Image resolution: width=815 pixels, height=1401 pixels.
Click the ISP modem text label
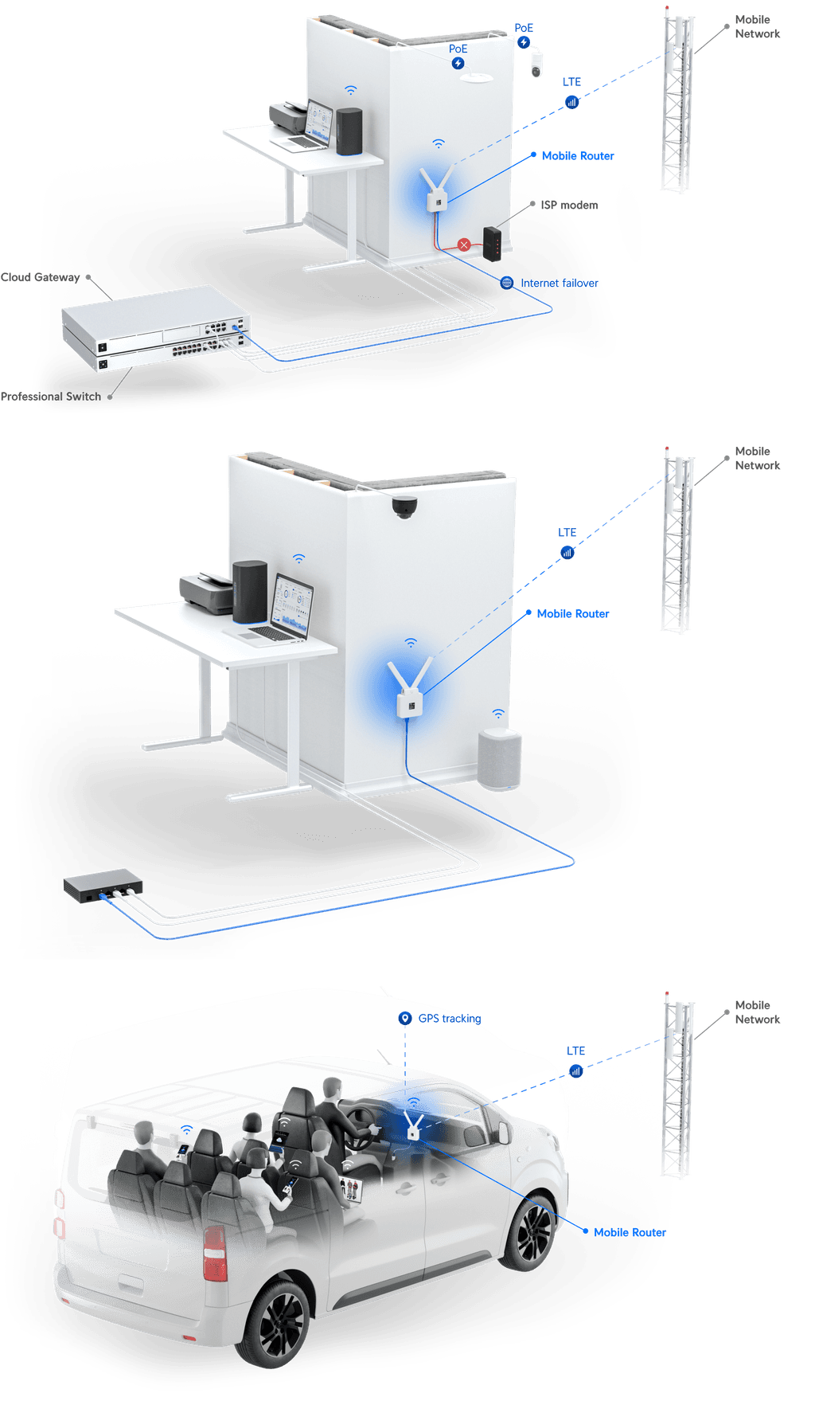pos(569,205)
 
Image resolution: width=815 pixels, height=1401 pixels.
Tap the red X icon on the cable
pos(464,245)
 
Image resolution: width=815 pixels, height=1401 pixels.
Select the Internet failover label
pos(559,283)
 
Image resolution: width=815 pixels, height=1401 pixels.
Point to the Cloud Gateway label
pos(41,277)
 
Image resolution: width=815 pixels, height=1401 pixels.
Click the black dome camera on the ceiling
pos(404,506)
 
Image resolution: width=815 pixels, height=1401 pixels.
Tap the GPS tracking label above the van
pos(450,1018)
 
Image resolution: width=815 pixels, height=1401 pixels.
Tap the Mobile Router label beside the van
pos(630,1232)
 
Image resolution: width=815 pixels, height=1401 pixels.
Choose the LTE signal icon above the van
pos(575,1070)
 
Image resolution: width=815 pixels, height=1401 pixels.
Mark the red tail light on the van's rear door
pos(215,1253)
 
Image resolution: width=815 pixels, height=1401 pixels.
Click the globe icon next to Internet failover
pos(507,283)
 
